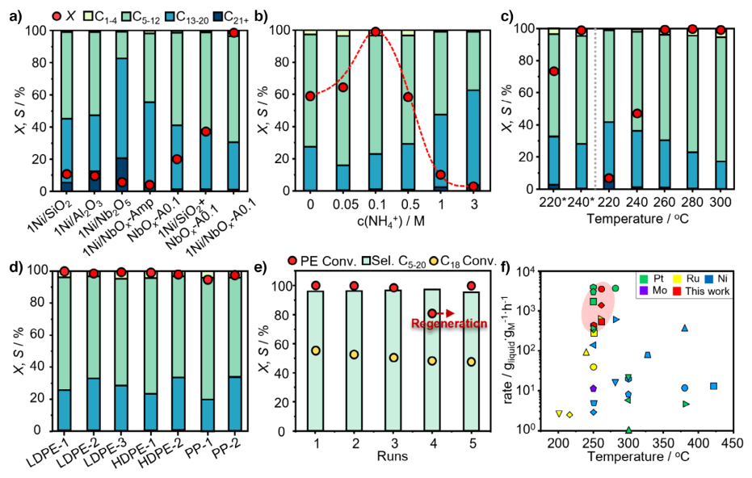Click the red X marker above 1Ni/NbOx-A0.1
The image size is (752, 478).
tap(233, 32)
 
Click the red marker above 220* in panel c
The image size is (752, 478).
tap(554, 71)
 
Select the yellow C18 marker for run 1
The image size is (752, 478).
tap(316, 350)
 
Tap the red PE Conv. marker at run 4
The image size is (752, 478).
tap(432, 313)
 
